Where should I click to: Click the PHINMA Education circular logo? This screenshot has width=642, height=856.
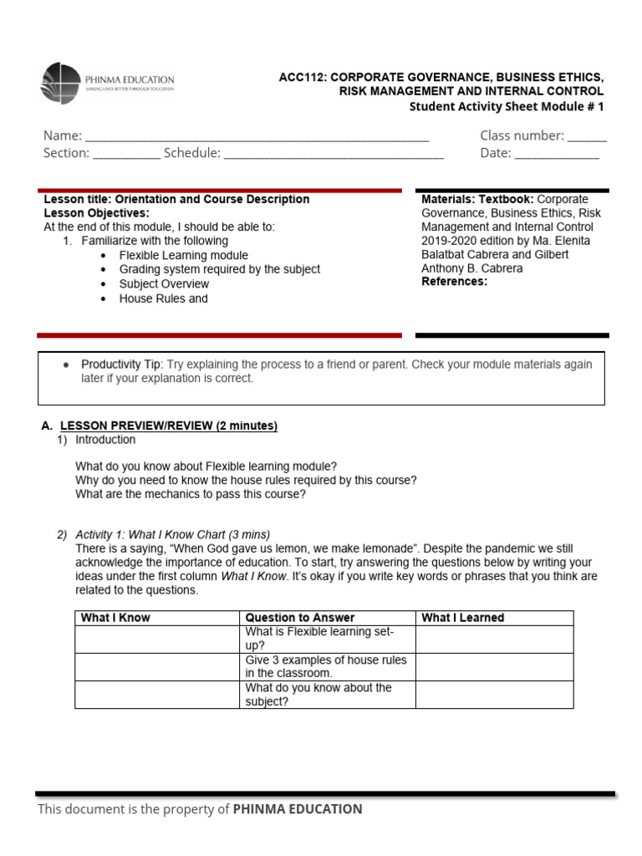(60, 83)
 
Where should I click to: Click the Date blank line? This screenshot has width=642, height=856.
(556, 154)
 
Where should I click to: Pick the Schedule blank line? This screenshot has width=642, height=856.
(334, 154)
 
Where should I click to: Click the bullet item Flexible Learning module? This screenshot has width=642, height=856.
(183, 255)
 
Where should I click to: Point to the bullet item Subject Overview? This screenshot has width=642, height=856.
(164, 284)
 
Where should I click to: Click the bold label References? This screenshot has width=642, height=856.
(454, 282)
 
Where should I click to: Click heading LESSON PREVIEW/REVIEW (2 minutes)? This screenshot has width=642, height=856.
(168, 425)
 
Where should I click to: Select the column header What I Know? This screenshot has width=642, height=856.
(115, 618)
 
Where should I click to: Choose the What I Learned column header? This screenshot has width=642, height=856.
(463, 618)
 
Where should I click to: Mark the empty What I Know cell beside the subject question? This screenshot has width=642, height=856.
(157, 695)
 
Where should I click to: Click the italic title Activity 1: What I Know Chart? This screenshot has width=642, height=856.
(172, 534)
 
